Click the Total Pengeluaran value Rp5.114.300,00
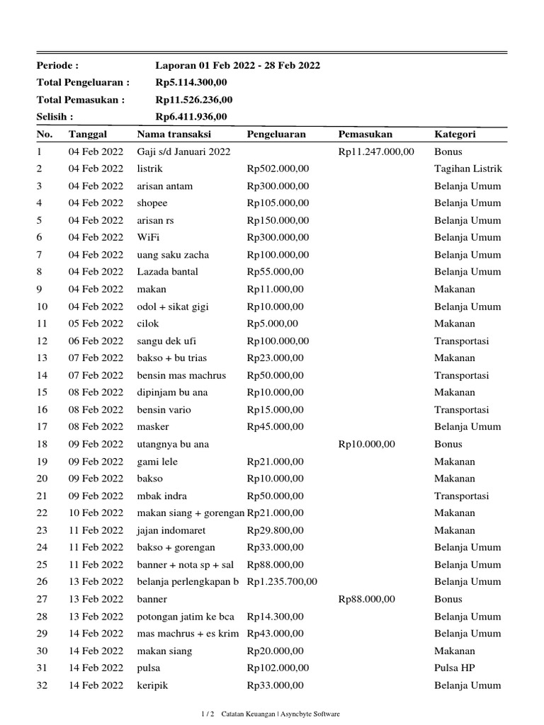tap(191, 83)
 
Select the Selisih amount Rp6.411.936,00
tap(191, 117)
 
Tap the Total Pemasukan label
tap(80, 100)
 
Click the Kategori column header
tap(455, 135)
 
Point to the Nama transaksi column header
tap(174, 135)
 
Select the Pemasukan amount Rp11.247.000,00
tap(376, 152)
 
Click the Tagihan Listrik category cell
tap(468, 169)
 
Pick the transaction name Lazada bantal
tap(168, 272)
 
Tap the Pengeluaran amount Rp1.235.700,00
tap(282, 582)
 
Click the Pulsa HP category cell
tap(456, 668)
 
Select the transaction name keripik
tap(153, 685)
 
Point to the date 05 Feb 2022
tap(96, 324)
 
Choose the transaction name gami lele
tap(157, 462)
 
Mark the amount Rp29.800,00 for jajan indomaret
tap(275, 530)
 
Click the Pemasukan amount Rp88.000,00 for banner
tap(367, 599)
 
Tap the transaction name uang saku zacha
tap(173, 255)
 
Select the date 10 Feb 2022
tap(96, 513)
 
